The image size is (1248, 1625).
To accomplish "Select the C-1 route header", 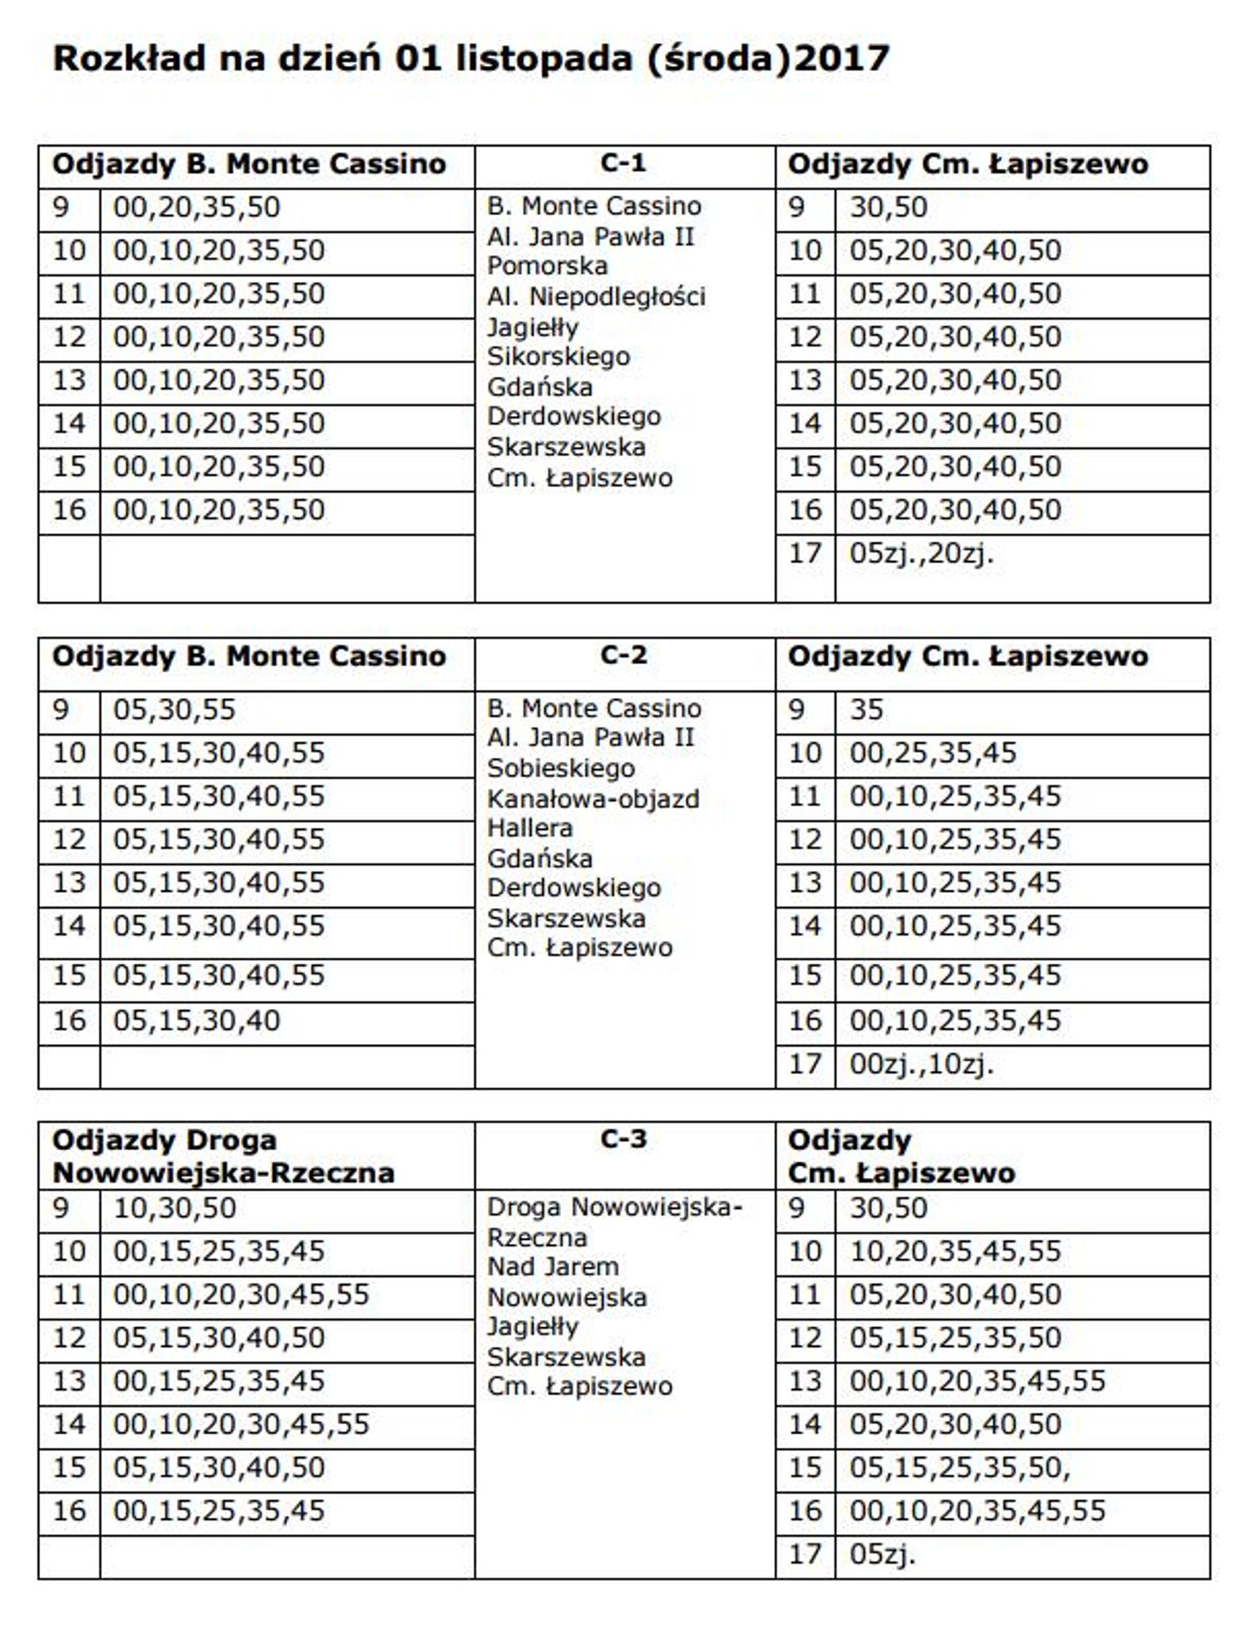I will [623, 163].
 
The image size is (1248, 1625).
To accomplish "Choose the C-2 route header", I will [623, 655].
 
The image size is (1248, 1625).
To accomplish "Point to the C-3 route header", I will [623, 1139].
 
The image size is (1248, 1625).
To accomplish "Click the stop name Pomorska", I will [547, 266].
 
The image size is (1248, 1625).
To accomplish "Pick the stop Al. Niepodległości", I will [596, 296].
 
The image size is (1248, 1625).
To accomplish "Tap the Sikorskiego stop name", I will [558, 356].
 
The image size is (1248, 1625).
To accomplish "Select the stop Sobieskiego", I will [560, 768].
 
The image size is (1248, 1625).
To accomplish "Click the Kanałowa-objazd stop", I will [593, 799].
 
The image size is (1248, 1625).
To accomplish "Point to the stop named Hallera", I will [529, 828].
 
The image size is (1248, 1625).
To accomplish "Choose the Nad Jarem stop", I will [553, 1267].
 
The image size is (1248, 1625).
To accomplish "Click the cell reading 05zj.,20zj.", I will [922, 554].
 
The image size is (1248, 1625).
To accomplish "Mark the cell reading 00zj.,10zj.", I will [922, 1065].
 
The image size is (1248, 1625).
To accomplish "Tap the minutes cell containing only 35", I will [866, 710].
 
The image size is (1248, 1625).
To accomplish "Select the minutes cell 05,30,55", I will [175, 710].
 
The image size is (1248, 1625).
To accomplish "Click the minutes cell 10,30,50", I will [175, 1208].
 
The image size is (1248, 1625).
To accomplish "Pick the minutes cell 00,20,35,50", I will [197, 207].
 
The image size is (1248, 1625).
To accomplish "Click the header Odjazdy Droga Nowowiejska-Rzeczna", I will [223, 1156].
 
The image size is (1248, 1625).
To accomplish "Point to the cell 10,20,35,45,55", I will [955, 1251].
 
